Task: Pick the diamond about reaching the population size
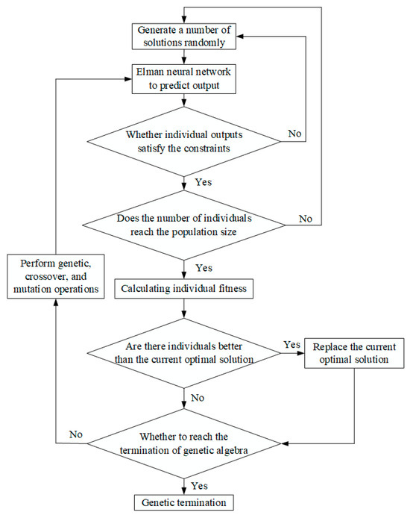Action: click(183, 225)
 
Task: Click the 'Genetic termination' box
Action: click(183, 502)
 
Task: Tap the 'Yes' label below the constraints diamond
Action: click(203, 181)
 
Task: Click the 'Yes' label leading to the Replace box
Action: click(291, 346)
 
